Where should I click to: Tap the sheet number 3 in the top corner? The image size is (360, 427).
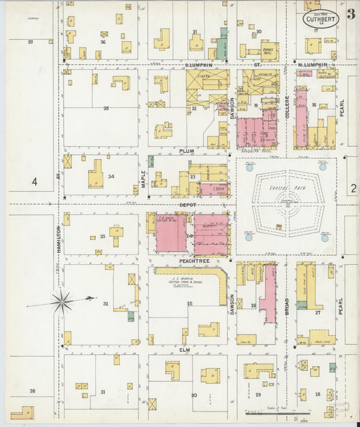coord(351,14)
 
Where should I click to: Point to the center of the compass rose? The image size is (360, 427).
coord(63,301)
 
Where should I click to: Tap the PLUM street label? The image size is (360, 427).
coord(186,152)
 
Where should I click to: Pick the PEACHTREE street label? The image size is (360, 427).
coord(187,259)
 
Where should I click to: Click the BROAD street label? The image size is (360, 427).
coord(287,305)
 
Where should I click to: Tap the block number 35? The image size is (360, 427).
coord(105,108)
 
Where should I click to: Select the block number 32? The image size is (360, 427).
coord(105,304)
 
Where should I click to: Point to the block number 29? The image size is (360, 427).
coord(257,394)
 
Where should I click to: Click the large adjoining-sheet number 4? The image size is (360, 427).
coord(33,182)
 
